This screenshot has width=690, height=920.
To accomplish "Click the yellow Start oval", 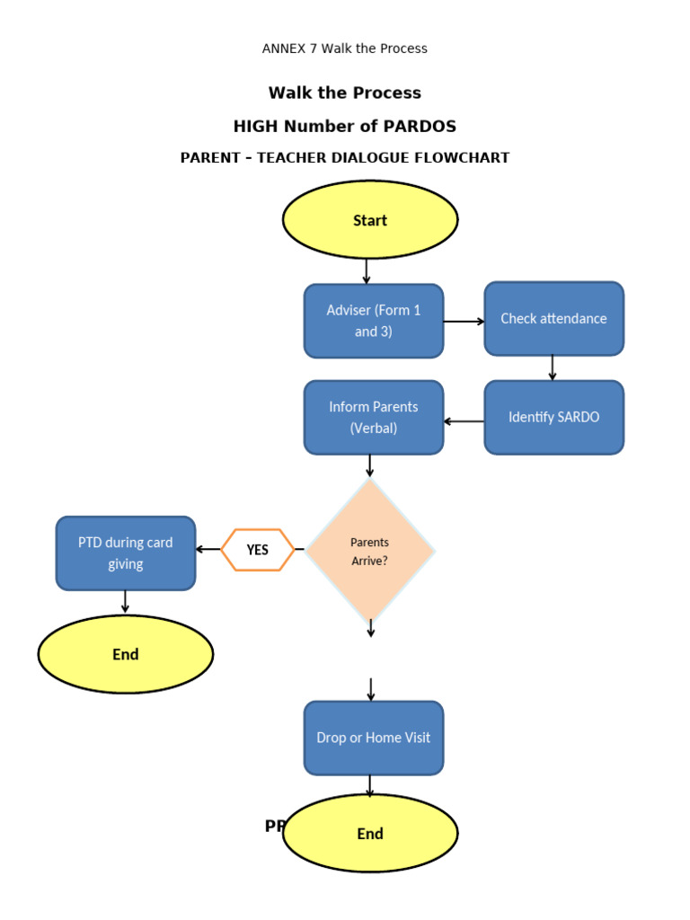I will click(x=370, y=220).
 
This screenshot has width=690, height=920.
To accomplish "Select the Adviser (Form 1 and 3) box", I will click(x=374, y=321).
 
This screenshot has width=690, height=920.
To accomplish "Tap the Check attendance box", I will click(x=553, y=319).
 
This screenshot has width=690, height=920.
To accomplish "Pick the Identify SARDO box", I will click(x=553, y=418).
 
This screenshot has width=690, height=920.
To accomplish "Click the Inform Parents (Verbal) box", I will click(x=374, y=418).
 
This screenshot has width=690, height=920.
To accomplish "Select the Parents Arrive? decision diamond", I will click(x=369, y=550).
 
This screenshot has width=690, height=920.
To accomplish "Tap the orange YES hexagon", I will click(x=258, y=550).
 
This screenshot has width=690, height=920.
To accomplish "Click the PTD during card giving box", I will click(x=126, y=553).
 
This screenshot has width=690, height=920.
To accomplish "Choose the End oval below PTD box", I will click(x=126, y=654).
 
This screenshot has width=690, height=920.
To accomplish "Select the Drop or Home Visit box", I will click(x=374, y=738).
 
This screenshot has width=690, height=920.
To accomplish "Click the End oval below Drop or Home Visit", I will click(x=370, y=834).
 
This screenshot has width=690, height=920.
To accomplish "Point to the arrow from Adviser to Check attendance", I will click(x=464, y=322).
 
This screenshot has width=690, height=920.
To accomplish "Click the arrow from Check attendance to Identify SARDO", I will click(x=552, y=367).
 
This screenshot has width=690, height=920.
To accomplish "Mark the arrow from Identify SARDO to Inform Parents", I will click(x=464, y=421).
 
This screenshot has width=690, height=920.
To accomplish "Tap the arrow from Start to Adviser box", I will click(x=366, y=271).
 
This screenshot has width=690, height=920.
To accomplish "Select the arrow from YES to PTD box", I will click(x=208, y=549).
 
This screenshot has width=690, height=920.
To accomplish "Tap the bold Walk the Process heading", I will click(x=345, y=93).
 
